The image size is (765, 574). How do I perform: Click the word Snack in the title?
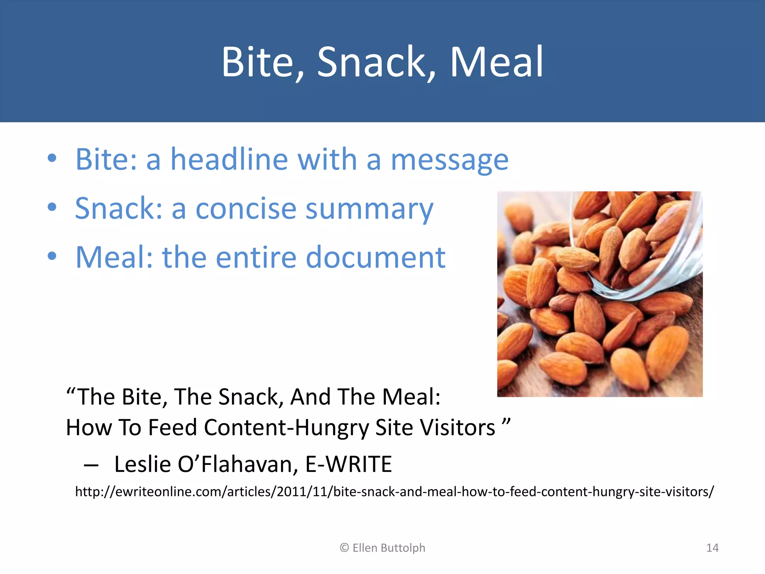(x=371, y=62)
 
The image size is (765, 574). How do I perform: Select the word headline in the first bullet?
(x=229, y=160)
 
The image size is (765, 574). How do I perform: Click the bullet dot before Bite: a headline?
(x=52, y=158)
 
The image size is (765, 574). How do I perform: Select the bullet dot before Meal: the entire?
(x=52, y=256)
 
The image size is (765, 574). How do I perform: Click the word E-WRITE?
(x=349, y=465)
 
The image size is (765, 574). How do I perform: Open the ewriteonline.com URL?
(x=394, y=492)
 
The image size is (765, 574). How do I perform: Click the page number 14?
(x=712, y=548)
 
